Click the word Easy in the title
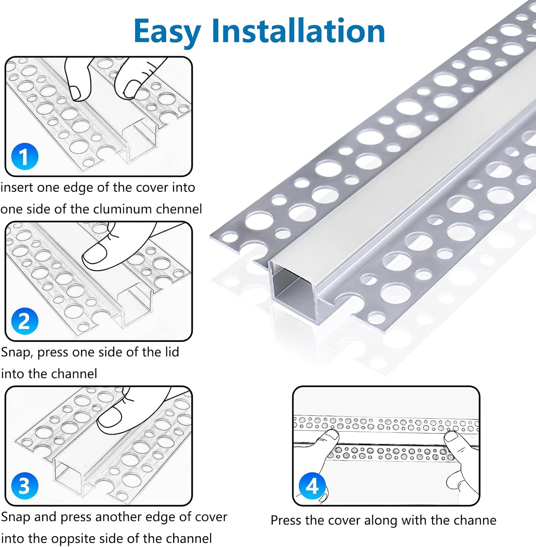(x=167, y=31)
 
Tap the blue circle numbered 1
(x=24, y=157)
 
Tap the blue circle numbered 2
(x=24, y=321)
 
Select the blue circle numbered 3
(x=24, y=486)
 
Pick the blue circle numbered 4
(x=312, y=486)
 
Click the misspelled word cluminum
(x=122, y=209)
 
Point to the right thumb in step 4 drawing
(x=452, y=438)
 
